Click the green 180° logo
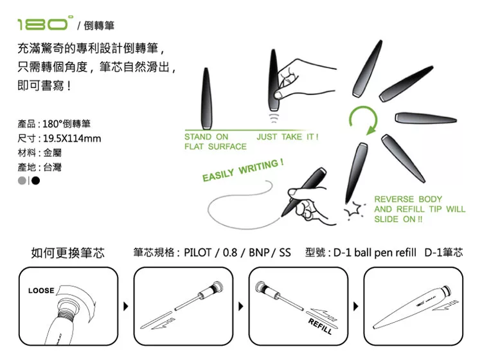(x=45, y=23)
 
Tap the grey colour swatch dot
(x=22, y=181)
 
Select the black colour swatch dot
(x=35, y=181)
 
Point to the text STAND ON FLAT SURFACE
(x=215, y=141)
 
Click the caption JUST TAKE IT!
(x=287, y=136)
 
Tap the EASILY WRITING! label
(x=243, y=170)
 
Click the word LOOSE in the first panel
(x=41, y=291)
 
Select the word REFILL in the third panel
(x=320, y=326)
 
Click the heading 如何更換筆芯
(x=67, y=253)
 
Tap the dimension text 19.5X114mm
(x=72, y=138)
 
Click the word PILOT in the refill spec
(x=197, y=253)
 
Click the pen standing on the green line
(x=206, y=98)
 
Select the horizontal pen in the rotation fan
(x=425, y=118)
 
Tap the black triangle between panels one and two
(x=126, y=306)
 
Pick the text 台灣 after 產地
(x=52, y=167)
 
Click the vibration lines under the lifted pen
(x=274, y=118)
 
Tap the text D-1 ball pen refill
(x=375, y=253)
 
